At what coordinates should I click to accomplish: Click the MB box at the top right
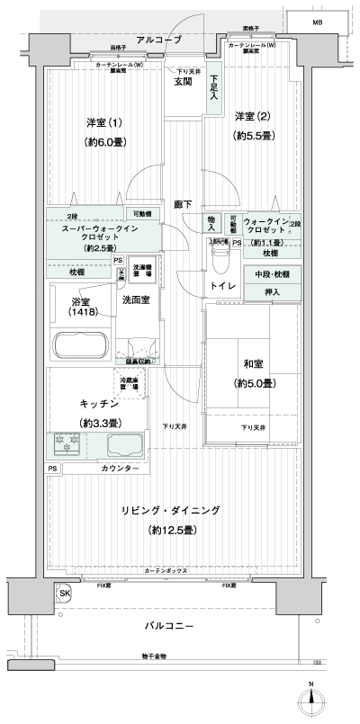coord(317,22)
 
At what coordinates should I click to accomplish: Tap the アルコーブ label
coord(159,40)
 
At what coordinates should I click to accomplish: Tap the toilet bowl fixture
coord(220,259)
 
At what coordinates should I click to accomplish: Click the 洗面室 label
coord(138,299)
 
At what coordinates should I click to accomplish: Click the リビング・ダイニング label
coord(171,510)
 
